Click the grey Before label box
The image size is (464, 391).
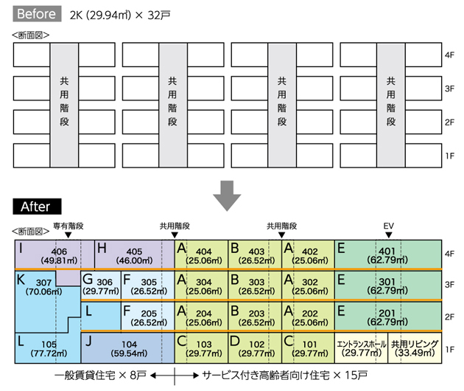pos(37,13)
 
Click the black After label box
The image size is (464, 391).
pos(37,207)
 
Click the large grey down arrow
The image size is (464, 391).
pos(227,195)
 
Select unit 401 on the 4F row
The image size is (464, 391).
pos(388,255)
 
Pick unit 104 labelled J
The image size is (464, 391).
pos(127,348)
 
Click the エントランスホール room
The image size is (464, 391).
pos(361,348)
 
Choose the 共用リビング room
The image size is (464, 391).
pos(415,348)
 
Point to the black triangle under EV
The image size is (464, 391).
pos(389,235)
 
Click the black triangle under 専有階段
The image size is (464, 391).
pos(68,235)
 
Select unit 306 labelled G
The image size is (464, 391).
pos(101,286)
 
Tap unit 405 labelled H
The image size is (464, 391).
pos(135,255)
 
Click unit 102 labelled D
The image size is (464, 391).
pos(255,348)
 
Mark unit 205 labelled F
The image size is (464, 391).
pos(147,316)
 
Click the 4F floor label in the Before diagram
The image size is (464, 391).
pos(449,55)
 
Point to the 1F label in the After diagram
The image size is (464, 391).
pos(449,350)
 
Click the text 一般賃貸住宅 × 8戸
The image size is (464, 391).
pos(100,376)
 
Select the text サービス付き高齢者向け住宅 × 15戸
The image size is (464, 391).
pos(285,376)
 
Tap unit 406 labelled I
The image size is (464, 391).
pos(55,255)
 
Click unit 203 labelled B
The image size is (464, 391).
pos(255,316)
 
